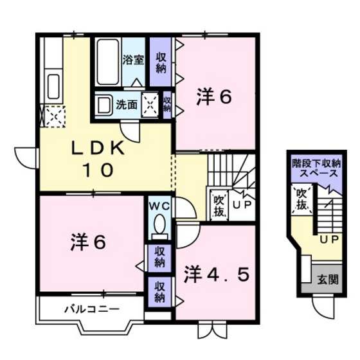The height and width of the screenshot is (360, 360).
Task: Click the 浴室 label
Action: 133,61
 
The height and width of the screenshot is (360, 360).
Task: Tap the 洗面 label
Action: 126,104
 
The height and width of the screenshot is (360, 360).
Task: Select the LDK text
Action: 96,148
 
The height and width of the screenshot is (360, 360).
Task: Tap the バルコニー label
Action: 91,309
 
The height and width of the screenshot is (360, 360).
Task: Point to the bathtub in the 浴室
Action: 109,61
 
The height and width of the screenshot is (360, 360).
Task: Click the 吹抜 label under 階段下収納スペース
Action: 301,199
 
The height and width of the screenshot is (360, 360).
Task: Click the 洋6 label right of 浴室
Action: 213,97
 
